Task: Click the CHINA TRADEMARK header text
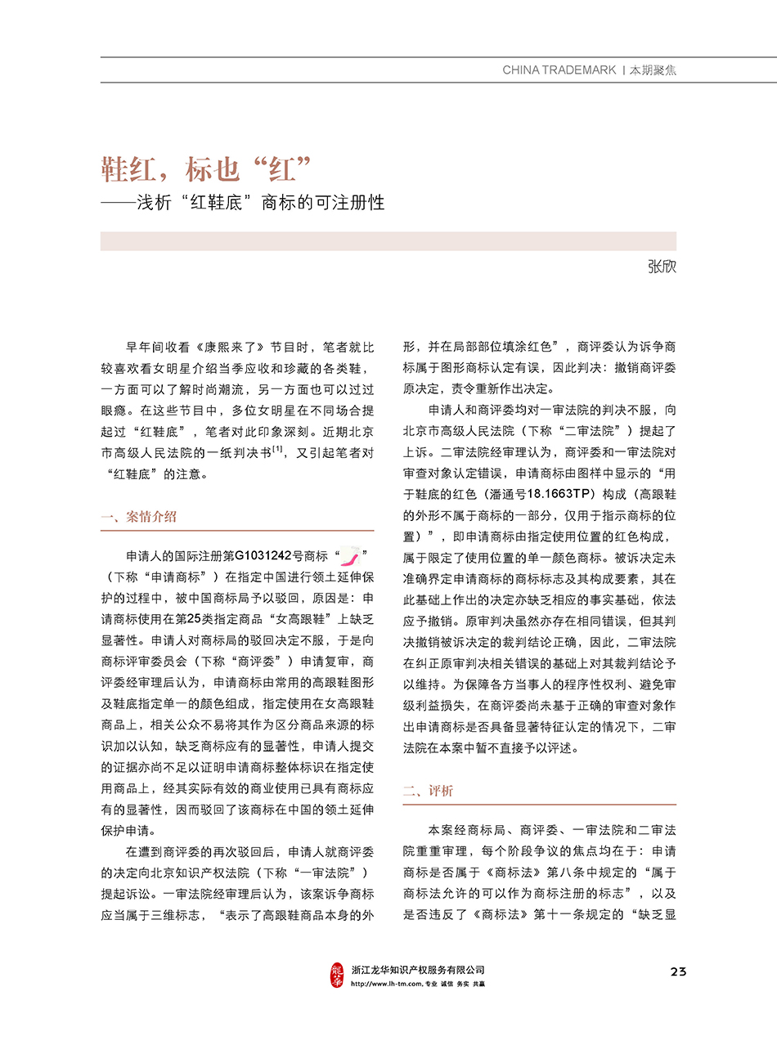tap(559, 70)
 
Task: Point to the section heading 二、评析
tap(428, 791)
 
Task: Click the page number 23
tap(677, 971)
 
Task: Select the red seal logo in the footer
tap(337, 974)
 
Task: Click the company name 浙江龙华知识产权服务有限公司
tap(418, 969)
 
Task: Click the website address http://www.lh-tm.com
tap(385, 984)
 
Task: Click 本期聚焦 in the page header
tap(652, 70)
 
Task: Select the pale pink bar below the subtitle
tap(388, 240)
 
